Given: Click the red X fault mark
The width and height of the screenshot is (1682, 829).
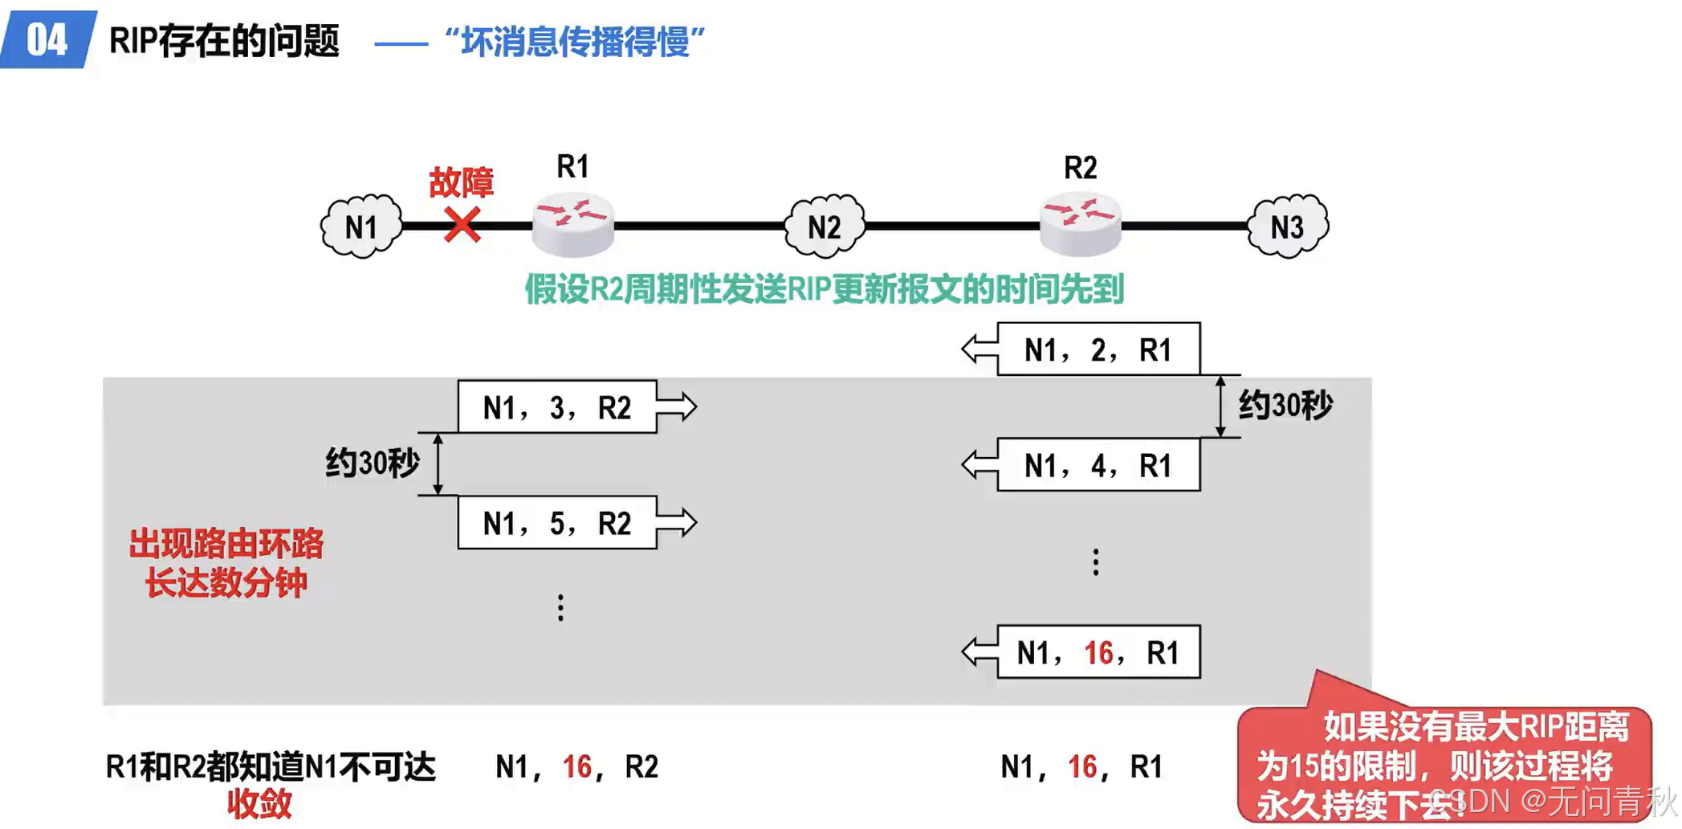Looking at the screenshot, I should pyautogui.click(x=462, y=225).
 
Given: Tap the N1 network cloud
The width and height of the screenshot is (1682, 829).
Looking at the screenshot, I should pyautogui.click(x=361, y=227).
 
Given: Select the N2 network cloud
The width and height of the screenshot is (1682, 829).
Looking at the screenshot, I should pyautogui.click(x=825, y=227).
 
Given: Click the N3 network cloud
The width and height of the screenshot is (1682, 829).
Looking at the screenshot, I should pyautogui.click(x=1287, y=227).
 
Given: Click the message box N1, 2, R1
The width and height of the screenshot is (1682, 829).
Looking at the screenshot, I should pyautogui.click(x=1098, y=349).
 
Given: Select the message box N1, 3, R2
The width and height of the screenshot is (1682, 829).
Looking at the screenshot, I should pyautogui.click(x=557, y=407).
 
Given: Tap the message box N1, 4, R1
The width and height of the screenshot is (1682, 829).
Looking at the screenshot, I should pyautogui.click(x=1098, y=465).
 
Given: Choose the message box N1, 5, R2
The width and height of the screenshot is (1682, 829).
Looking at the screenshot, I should pyautogui.click(x=557, y=523).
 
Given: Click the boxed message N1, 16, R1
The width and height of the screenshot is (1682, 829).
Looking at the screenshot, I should pyautogui.click(x=1098, y=652).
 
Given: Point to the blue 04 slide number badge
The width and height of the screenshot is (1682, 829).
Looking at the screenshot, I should pyautogui.click(x=47, y=39).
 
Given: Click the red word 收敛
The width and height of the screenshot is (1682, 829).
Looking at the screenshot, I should pyautogui.click(x=259, y=803).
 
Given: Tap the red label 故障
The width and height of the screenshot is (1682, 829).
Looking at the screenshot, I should pyautogui.click(x=461, y=182).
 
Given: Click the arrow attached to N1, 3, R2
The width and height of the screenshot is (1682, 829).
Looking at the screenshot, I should pyautogui.click(x=677, y=407).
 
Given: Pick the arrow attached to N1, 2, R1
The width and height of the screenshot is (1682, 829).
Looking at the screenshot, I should pyautogui.click(x=979, y=349).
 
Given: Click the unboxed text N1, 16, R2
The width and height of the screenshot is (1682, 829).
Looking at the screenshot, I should pyautogui.click(x=576, y=766).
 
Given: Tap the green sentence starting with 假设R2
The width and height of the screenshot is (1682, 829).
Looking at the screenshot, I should pyautogui.click(x=824, y=289).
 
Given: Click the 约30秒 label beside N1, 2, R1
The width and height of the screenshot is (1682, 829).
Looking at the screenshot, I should pyautogui.click(x=1285, y=405).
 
